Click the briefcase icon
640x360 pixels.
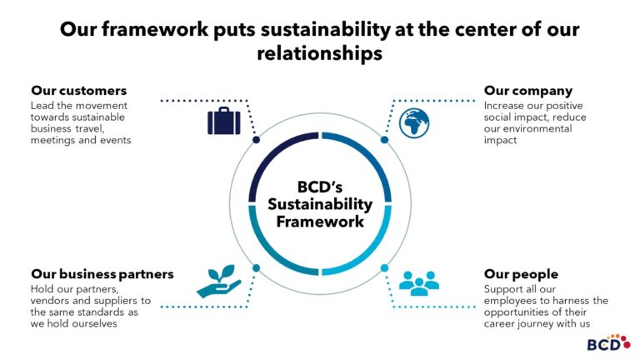pos(224,122)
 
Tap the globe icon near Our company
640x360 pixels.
pos(414,122)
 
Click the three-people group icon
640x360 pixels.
pos(418,282)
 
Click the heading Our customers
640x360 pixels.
pos(79,90)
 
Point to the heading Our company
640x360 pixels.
pos(528,90)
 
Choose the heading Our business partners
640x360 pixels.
pos(102,273)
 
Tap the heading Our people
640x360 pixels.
pos(521,273)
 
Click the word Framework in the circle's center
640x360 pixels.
pos(320,222)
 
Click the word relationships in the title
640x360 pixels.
pos(320,53)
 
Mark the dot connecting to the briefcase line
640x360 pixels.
pos(256,140)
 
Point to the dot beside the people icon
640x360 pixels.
pos(384,267)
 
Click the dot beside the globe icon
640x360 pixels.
pos(384,140)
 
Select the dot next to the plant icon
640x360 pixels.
pos(256,267)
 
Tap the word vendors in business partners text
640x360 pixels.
pos(52,300)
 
